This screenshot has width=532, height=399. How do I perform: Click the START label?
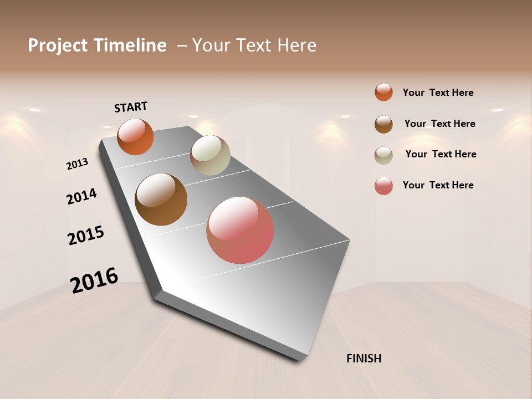pyautogui.click(x=131, y=107)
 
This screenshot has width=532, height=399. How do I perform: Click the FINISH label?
pyautogui.click(x=364, y=359)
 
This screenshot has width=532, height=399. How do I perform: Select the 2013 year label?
pyautogui.click(x=78, y=164)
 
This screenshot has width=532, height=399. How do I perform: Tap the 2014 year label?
pyautogui.click(x=81, y=196)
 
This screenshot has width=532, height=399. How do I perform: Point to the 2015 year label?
pyautogui.click(x=86, y=236)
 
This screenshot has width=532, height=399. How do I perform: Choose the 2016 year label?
pyautogui.click(x=94, y=280)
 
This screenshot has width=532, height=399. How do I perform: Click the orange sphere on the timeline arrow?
pyautogui.click(x=135, y=136)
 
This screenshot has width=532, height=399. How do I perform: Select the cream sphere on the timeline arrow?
pyautogui.click(x=210, y=155)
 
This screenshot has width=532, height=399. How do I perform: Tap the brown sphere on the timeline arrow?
pyautogui.click(x=161, y=199)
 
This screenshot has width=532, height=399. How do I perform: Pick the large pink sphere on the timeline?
pyautogui.click(x=240, y=230)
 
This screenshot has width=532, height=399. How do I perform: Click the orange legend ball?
pyautogui.click(x=383, y=92)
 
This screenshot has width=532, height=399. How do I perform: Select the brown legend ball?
pyautogui.click(x=383, y=124)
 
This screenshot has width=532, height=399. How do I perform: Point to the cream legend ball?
pyautogui.click(x=383, y=155)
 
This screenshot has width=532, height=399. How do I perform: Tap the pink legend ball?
pyautogui.click(x=383, y=186)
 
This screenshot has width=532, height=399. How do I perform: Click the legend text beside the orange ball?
pyautogui.click(x=438, y=93)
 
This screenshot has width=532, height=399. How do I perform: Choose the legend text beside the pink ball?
pyautogui.click(x=438, y=185)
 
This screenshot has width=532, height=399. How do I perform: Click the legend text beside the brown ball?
pyautogui.click(x=439, y=124)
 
